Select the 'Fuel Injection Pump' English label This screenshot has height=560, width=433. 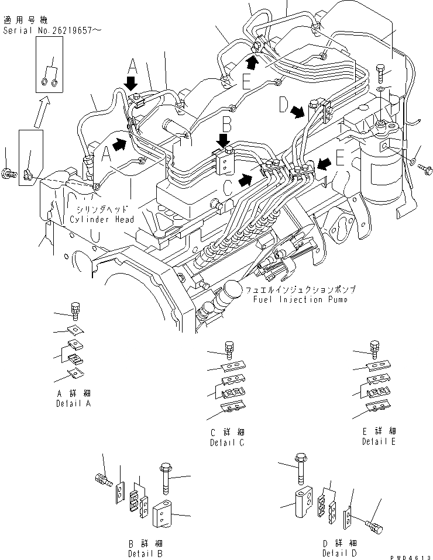click(300, 299)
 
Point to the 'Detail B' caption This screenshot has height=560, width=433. click(146, 552)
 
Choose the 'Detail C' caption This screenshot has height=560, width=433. click(227, 443)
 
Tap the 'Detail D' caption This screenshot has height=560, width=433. click(339, 552)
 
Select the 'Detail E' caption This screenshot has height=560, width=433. click(379, 441)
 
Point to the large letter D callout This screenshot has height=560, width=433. click(283, 105)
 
